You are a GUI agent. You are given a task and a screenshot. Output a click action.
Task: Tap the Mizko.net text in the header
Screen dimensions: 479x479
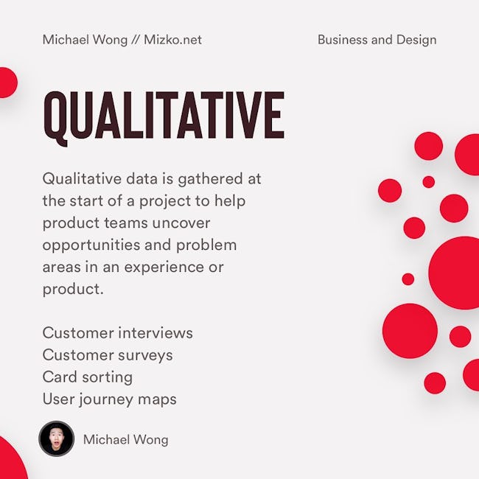pos(172,40)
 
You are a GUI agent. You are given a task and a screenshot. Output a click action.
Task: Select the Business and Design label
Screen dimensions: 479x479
pos(377,40)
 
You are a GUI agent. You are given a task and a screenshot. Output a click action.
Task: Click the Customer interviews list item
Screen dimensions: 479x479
pos(118,332)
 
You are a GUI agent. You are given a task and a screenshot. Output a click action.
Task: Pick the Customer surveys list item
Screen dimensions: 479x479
pos(108,355)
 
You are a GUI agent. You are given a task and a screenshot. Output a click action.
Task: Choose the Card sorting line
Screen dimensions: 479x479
pos(88,377)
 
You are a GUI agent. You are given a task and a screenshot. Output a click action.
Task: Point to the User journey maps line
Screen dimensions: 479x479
pos(110,400)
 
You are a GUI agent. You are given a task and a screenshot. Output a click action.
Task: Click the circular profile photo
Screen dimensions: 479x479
pos(57,439)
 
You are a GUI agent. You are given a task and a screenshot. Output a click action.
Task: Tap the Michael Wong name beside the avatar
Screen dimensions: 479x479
pos(126,440)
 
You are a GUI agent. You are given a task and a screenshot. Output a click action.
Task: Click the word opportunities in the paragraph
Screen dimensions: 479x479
pos(91,245)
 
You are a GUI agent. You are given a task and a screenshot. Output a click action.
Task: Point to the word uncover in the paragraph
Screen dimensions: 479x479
pos(181,223)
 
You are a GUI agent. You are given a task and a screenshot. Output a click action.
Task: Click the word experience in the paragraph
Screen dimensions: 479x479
pos(164,268)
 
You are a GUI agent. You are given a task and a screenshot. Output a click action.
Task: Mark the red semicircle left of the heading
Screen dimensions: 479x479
pos(9,83)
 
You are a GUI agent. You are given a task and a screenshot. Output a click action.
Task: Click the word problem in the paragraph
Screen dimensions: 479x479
pos(206,245)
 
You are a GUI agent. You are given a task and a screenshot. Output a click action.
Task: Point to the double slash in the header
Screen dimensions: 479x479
pos(136,40)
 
